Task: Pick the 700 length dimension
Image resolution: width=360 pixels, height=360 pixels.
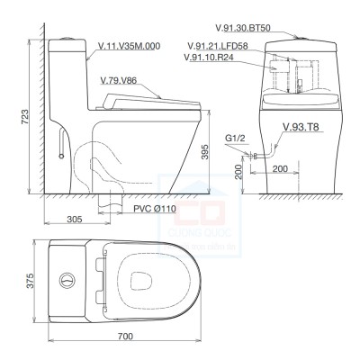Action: [124, 337]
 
